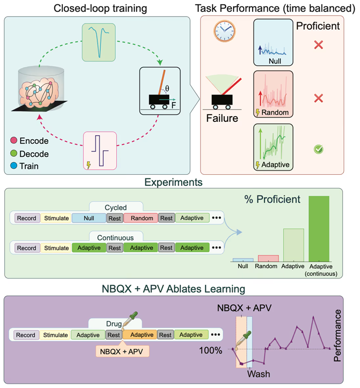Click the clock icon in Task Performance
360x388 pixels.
point(224,31)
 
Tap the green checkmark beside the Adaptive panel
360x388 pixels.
point(318,149)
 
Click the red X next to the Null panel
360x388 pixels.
point(318,45)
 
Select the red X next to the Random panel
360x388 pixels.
point(318,98)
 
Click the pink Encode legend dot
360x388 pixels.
point(13,140)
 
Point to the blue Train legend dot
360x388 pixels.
point(13,165)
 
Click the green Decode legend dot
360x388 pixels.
point(13,154)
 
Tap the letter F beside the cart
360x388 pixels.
point(173,105)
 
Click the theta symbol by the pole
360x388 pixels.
point(167,88)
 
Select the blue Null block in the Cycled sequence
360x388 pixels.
point(89,218)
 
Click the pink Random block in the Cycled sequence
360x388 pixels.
point(140,218)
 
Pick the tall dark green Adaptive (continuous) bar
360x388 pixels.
point(319,229)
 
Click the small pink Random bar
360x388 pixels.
point(268,258)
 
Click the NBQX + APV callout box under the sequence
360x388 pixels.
point(122,351)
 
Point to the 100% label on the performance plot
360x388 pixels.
point(211,350)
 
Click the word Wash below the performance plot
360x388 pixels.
point(259,374)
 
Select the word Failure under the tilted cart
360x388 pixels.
point(222,118)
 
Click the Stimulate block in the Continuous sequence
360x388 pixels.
point(56,248)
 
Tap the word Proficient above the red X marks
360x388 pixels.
point(318,26)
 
